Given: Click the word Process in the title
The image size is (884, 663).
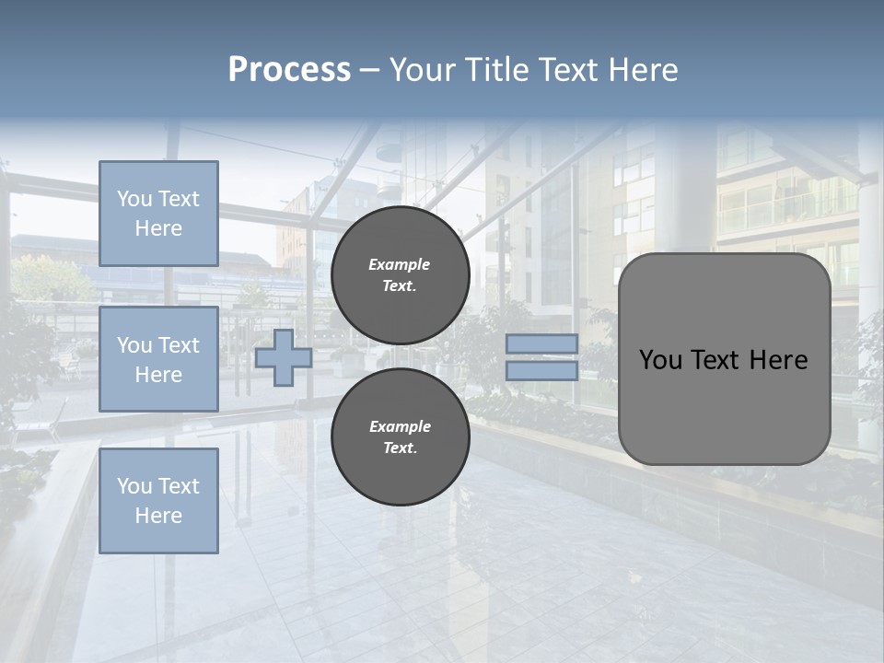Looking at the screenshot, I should (x=289, y=70).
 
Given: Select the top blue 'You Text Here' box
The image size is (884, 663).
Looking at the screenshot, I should (x=158, y=214).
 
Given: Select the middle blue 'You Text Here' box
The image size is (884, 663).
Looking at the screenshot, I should (x=158, y=359).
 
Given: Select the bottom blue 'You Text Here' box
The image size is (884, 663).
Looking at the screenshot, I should (x=158, y=500).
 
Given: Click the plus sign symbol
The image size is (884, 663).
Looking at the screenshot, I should (x=284, y=357).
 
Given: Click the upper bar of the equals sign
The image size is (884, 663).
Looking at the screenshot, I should (x=542, y=343).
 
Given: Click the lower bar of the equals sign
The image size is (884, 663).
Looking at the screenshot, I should (x=542, y=370).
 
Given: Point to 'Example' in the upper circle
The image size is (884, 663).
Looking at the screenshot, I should (x=399, y=264).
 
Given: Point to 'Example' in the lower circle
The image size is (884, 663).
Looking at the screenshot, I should (x=400, y=426).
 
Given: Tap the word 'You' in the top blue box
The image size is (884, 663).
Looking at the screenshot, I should (x=134, y=199).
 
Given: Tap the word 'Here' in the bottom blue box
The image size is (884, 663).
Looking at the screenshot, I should (x=158, y=516).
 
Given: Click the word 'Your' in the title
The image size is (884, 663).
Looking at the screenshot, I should (x=423, y=70).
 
